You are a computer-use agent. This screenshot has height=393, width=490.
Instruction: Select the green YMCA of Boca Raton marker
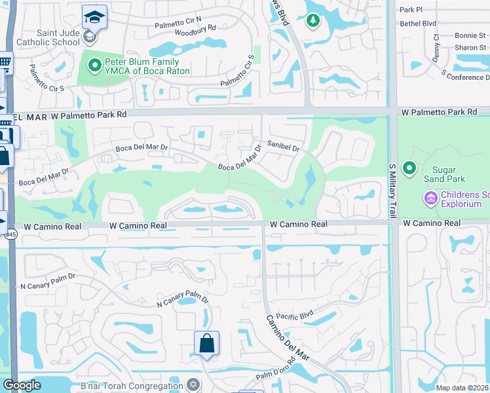[94, 65]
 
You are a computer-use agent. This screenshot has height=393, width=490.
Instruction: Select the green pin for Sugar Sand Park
[410, 169]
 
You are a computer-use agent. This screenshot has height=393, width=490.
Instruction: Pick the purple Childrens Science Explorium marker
[431, 197]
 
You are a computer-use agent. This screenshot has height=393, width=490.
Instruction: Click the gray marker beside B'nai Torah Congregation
[193, 384]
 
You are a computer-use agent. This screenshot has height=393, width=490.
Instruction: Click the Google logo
[22, 385]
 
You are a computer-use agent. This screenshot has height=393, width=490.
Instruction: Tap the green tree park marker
[313, 21]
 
